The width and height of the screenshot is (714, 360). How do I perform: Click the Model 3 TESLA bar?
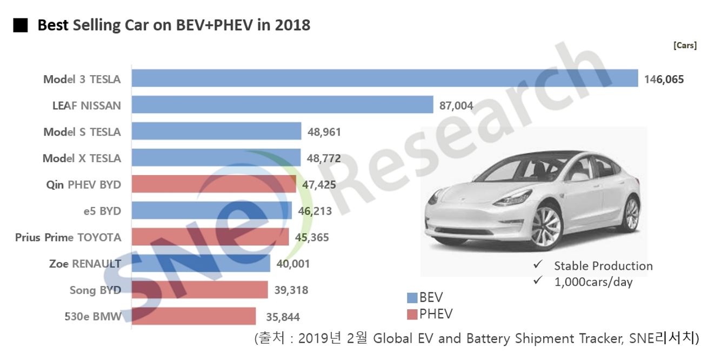click(384, 78)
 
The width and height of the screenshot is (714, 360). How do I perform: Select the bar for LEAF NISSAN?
click(282, 105)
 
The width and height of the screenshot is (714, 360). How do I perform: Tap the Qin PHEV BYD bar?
click(213, 184)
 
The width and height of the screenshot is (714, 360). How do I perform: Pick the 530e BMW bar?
click(193, 316)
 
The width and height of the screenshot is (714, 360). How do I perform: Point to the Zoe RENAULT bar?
click(201, 264)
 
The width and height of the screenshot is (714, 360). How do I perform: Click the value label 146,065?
click(664, 79)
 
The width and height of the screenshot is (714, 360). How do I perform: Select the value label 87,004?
click(456, 106)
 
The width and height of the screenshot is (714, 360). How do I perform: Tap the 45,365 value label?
click(312, 237)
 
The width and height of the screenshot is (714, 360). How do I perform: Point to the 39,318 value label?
click(291, 290)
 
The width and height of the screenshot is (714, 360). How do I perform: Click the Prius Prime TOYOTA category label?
click(68, 237)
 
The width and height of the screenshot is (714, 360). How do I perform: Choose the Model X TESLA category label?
click(82, 158)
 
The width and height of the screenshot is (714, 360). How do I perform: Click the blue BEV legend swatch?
click(412, 297)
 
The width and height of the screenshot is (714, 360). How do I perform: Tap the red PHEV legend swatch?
click(412, 314)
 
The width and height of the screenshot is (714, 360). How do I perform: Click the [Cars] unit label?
click(685, 45)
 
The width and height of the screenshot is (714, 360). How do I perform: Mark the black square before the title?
click(21, 25)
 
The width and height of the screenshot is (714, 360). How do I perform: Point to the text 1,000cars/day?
click(593, 282)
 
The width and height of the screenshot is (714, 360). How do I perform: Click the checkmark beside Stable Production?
click(537, 265)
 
